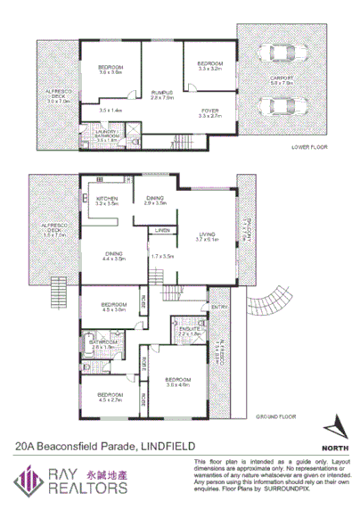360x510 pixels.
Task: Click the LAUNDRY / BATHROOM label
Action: click(x=106, y=132)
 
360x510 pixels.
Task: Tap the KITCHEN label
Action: click(x=108, y=199)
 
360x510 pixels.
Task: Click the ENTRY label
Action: click(x=218, y=308)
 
